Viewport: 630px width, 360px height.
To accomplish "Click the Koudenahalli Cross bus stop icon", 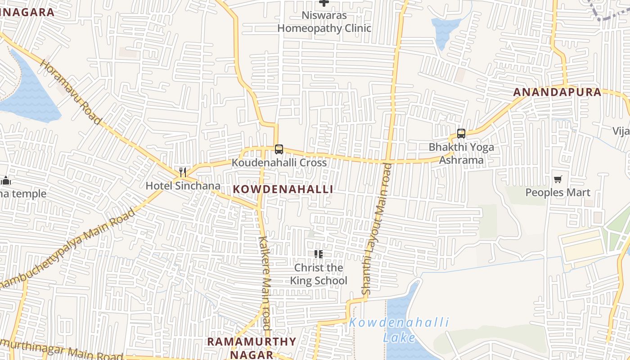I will point(279,149).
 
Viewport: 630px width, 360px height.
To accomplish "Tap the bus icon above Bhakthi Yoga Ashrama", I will point(461,133).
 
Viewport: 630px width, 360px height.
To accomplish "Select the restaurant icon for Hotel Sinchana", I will point(183,172).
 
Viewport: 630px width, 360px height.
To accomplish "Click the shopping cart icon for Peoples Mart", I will point(558,180).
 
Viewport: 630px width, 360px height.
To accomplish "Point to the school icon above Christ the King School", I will point(319,254).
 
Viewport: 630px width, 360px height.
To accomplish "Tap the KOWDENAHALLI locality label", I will point(283,189).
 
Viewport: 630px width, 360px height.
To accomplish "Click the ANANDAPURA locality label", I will point(557,92).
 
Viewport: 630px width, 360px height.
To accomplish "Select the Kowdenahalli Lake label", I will point(399,330).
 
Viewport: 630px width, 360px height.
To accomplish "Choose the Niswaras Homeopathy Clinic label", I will point(324,22).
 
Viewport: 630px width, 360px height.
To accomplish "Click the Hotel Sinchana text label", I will point(183,186).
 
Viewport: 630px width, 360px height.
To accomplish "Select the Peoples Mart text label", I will point(558,193).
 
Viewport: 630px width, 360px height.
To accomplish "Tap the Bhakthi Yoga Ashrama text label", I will point(461,153).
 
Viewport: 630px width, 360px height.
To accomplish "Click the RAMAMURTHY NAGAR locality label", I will point(252,348).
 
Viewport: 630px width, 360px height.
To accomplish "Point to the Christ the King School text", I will point(319,274).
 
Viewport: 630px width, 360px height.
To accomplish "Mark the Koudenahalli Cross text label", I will point(279,162).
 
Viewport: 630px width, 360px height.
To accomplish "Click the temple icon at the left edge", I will point(5,181).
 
